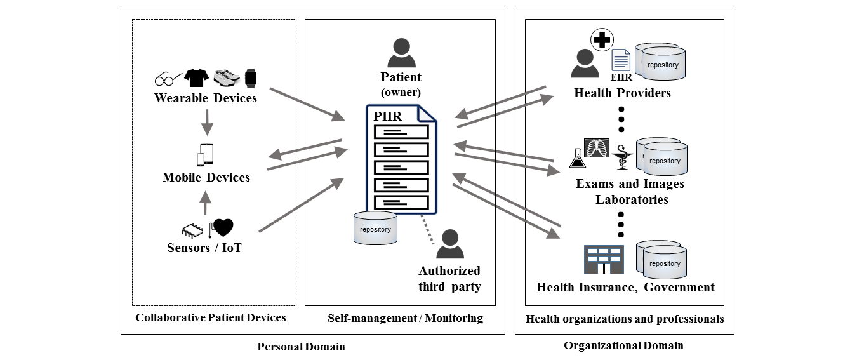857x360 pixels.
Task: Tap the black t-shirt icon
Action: pyautogui.click(x=197, y=77)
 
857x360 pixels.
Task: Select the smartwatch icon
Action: pyautogui.click(x=251, y=77)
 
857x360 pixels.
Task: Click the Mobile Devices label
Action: pyautogui.click(x=206, y=177)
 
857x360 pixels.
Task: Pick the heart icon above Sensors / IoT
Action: pyautogui.click(x=223, y=227)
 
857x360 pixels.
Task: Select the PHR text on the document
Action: pyautogui.click(x=388, y=117)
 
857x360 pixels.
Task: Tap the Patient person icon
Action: pyautogui.click(x=401, y=53)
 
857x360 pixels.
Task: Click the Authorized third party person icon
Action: pyautogui.click(x=449, y=244)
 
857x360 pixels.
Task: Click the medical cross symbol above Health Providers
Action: pyautogui.click(x=602, y=40)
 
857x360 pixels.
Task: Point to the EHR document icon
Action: pyautogui.click(x=621, y=61)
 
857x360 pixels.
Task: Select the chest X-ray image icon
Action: pyautogui.click(x=597, y=149)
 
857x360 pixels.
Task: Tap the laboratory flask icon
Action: pyautogui.click(x=578, y=158)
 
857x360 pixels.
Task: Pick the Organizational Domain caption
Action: pyautogui.click(x=623, y=345)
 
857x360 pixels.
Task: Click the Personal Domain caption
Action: pyautogui.click(x=301, y=347)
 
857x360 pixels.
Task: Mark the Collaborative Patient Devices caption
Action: pyautogui.click(x=211, y=317)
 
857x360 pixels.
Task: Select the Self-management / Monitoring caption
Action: pyautogui.click(x=405, y=318)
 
